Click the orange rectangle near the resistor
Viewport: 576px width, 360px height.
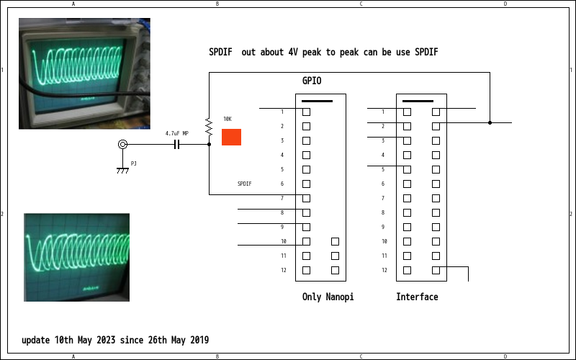231,137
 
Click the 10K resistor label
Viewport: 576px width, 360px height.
228,119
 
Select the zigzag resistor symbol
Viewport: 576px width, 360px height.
209,128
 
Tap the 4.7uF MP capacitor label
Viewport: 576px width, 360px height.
176,133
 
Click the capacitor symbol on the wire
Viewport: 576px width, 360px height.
176,144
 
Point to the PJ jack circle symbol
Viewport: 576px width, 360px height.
122,144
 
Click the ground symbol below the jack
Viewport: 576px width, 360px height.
122,169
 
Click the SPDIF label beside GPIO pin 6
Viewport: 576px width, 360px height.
245,184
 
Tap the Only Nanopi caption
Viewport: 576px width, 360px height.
328,297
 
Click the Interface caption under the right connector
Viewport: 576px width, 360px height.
417,297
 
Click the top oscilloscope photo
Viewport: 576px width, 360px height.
84,73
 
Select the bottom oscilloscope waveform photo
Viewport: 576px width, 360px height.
77,257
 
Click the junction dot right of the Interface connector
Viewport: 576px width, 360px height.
490,122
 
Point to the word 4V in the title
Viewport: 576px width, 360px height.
292,52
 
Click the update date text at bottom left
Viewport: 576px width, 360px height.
115,340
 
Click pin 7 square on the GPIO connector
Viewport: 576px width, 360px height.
306,198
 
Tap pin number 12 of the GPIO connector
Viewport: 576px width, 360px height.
283,270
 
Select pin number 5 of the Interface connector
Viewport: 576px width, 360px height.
384,169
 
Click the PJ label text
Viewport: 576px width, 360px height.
134,163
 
